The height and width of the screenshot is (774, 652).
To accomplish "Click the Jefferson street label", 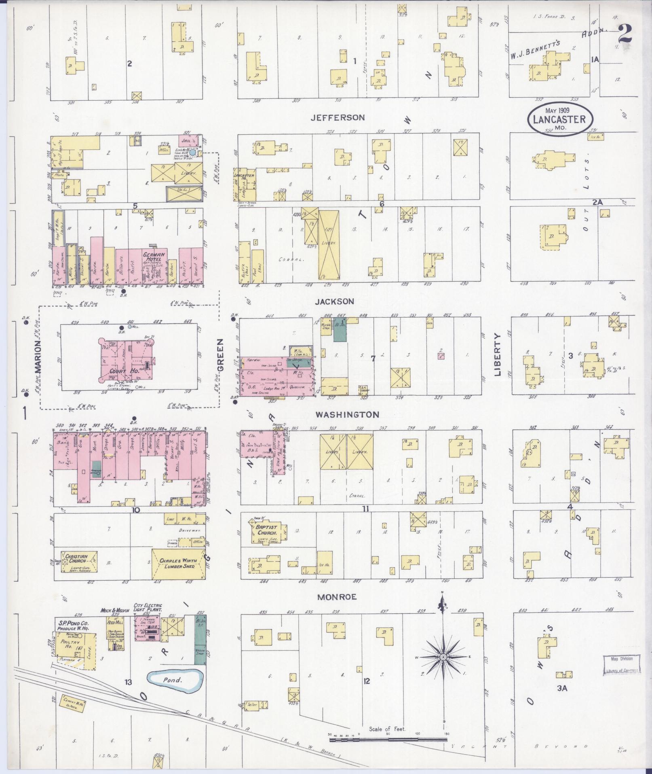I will (x=338, y=117).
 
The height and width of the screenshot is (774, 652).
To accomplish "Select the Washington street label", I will (x=347, y=414).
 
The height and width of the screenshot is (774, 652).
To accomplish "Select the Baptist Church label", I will (x=266, y=530).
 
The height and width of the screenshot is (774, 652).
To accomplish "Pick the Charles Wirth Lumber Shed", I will (x=177, y=564).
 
